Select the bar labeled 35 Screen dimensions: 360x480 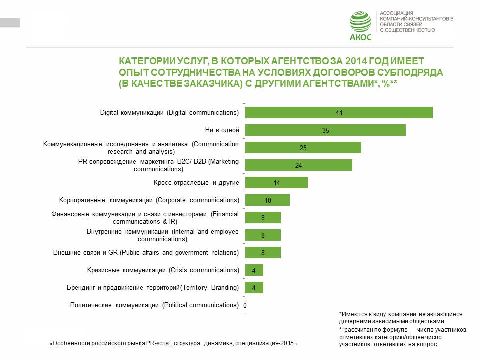click(326, 130)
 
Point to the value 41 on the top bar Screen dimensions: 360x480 click(339, 113)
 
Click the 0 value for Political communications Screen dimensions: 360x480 click(245, 305)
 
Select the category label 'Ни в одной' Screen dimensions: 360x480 click(222, 130)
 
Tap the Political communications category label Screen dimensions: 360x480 click(154, 305)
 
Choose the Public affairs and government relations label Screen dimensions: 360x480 click(146, 252)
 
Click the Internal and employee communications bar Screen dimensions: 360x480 click(264, 235)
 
